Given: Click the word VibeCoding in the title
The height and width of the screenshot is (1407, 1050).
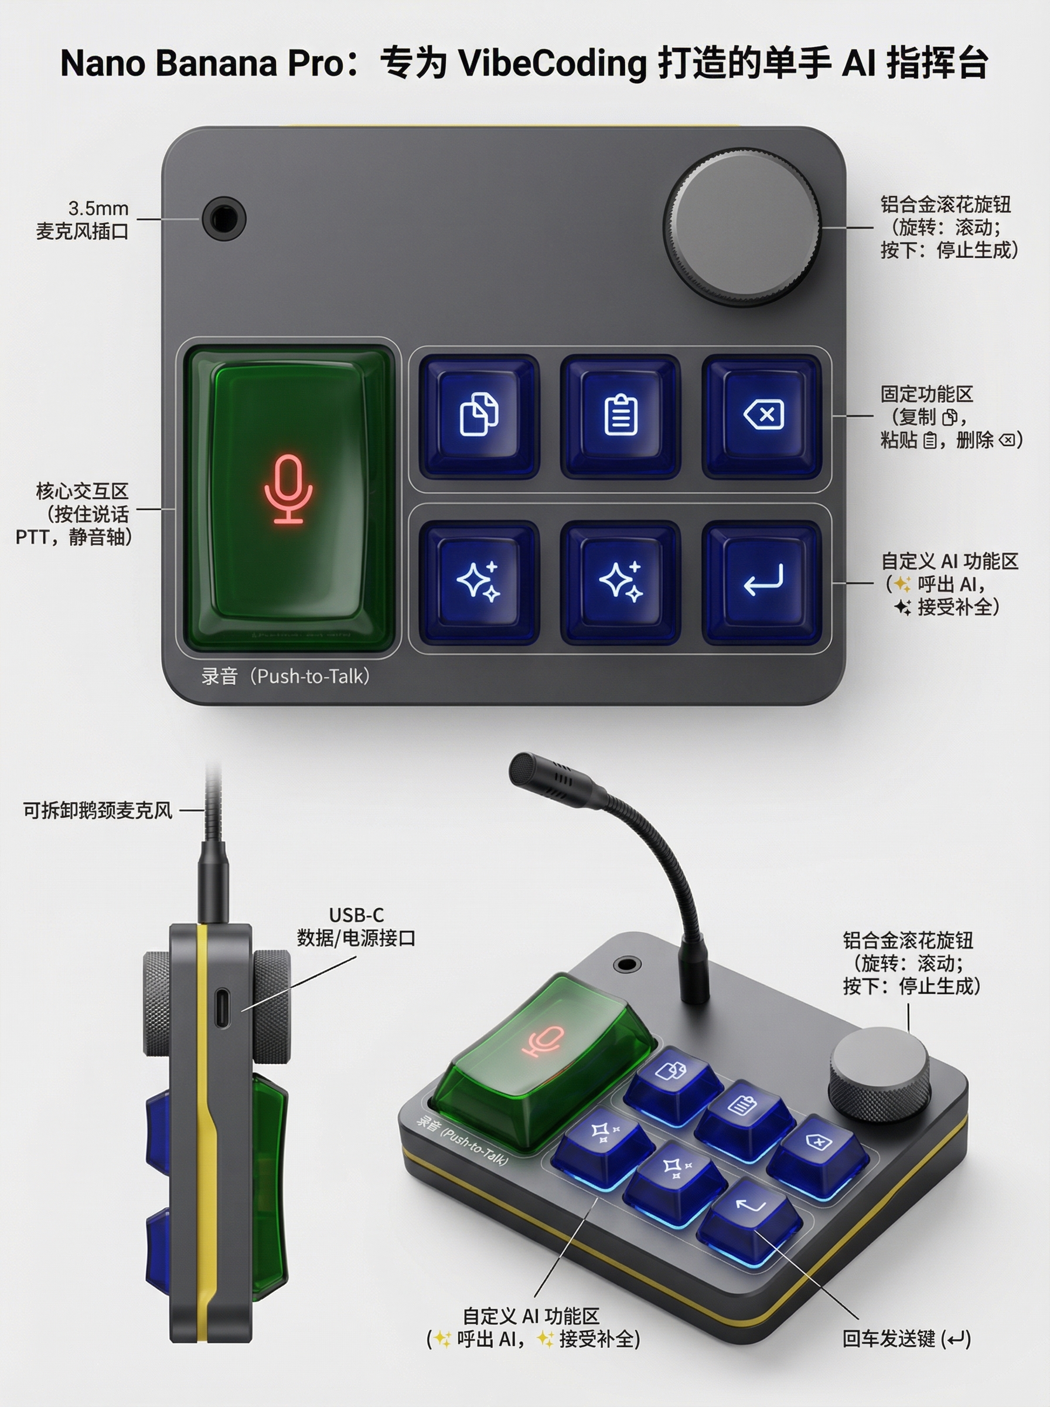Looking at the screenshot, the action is coord(552,63).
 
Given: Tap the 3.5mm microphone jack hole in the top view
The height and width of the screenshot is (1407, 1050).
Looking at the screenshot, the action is coord(224,218).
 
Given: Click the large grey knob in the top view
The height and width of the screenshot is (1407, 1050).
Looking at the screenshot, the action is coord(742,227).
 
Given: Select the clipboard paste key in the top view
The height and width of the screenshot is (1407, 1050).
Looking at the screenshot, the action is coord(621,416).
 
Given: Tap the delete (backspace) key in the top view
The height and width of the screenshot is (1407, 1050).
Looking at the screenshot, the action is coord(762,416).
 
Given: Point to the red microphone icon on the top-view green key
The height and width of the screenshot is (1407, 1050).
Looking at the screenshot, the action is coord(288,489).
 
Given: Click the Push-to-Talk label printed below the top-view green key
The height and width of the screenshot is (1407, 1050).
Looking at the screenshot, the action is coord(285,676).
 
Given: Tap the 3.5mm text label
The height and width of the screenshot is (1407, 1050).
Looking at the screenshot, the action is coord(98,209).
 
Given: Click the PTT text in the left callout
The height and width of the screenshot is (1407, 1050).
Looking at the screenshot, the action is coord(31,537).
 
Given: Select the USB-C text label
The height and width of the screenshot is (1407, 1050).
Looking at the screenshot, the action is coord(357,915).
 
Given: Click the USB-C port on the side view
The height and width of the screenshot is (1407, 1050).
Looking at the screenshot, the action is coord(220,1008).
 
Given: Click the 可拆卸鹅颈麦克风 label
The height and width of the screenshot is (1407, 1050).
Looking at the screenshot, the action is coord(97,811).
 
